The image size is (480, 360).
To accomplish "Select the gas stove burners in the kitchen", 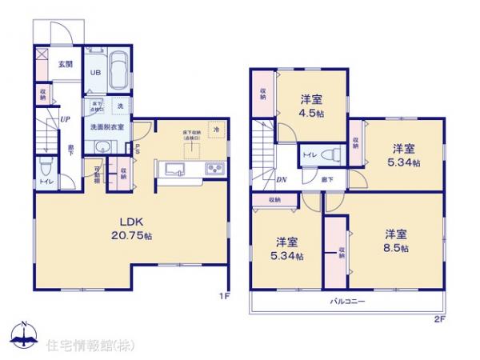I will [215, 170].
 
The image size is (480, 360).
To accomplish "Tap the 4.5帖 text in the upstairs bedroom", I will [312, 114].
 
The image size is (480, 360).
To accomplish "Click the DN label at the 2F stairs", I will [282, 180].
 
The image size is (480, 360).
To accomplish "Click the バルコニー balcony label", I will [347, 302].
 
